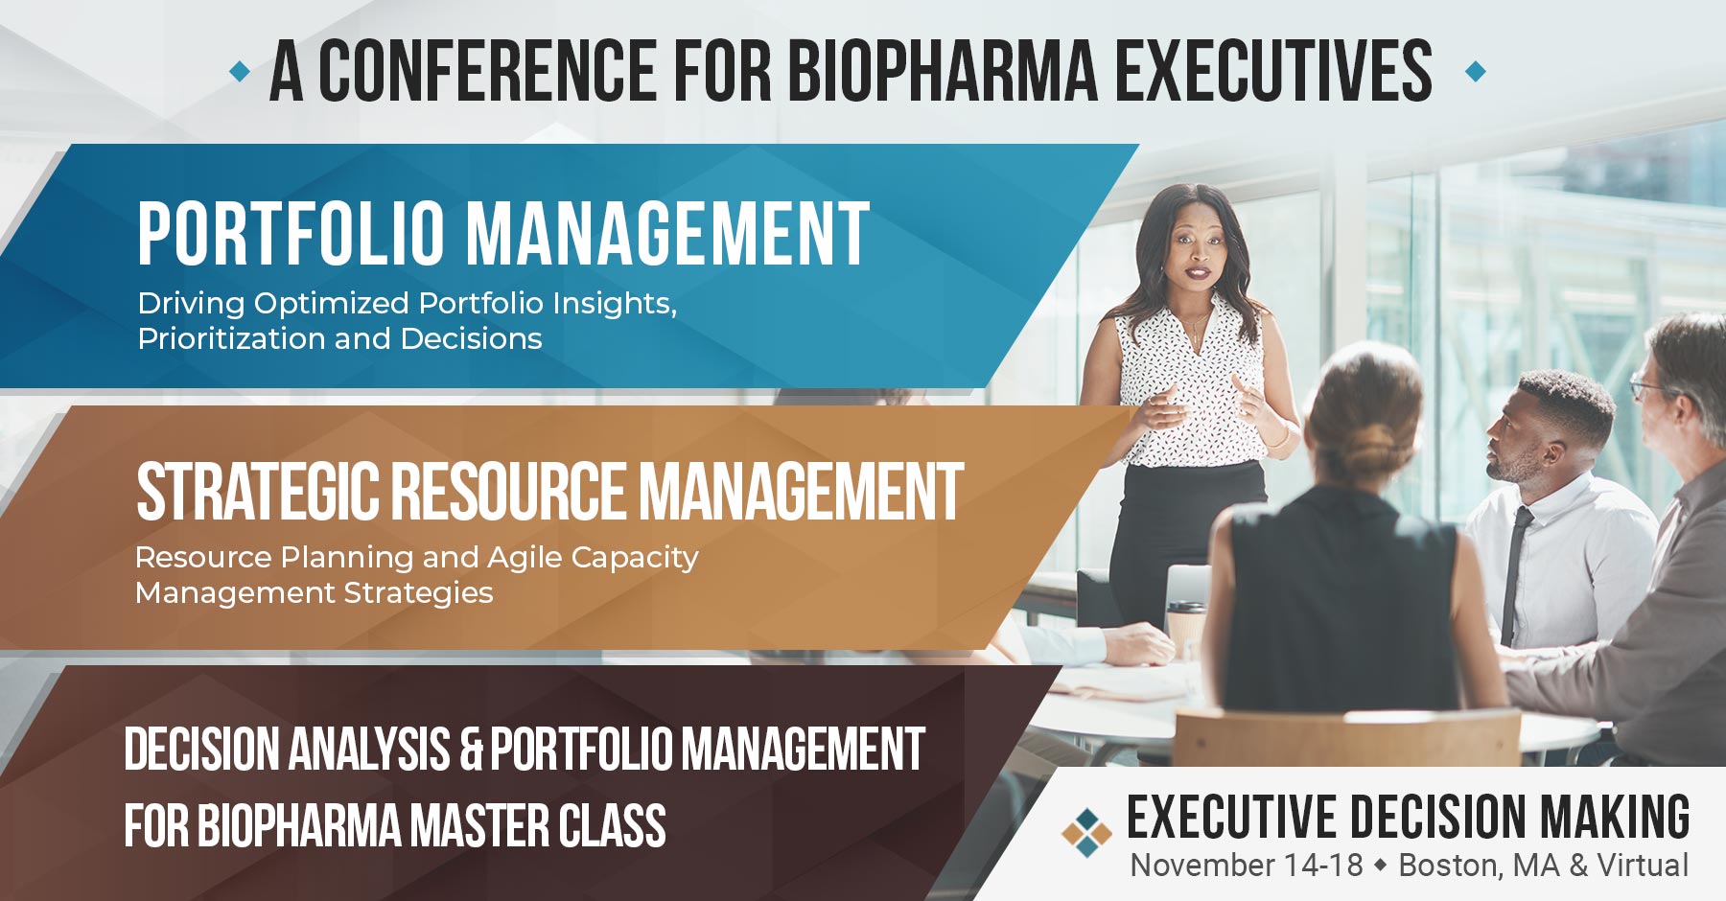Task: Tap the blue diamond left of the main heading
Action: pos(240,71)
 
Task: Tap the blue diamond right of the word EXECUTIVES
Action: pos(1476,71)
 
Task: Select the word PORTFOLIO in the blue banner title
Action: pos(292,234)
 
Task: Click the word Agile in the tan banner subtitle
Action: pos(524,557)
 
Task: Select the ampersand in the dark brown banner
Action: pos(471,750)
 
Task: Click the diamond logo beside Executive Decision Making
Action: pos(1086,832)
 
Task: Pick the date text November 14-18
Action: pos(1246,865)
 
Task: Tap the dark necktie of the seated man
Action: pos(1514,575)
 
